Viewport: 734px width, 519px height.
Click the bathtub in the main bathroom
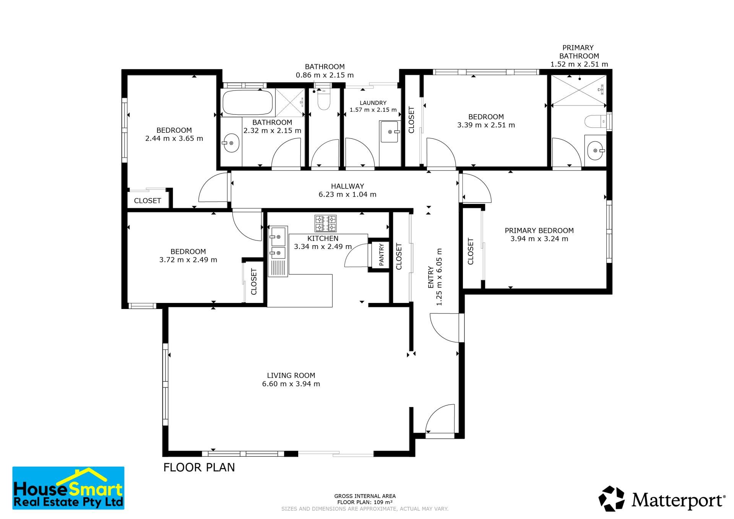point(248,102)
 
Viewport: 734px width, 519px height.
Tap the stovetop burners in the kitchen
point(325,223)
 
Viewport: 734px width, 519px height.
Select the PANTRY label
point(381,255)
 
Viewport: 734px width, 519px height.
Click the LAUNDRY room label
point(373,103)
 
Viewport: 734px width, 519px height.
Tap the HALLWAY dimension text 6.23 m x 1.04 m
point(348,194)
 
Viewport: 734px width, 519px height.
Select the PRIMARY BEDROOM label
point(539,231)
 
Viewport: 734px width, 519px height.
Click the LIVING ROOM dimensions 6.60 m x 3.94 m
point(291,384)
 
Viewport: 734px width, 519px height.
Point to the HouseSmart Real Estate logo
point(68,488)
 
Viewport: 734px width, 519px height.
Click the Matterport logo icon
point(611,499)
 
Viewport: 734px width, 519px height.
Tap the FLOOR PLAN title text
point(199,467)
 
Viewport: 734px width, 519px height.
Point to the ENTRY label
point(431,277)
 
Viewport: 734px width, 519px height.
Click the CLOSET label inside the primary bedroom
point(471,251)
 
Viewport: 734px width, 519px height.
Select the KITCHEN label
point(323,239)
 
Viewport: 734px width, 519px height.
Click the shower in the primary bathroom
point(580,90)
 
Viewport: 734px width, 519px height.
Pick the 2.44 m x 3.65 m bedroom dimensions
point(174,138)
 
